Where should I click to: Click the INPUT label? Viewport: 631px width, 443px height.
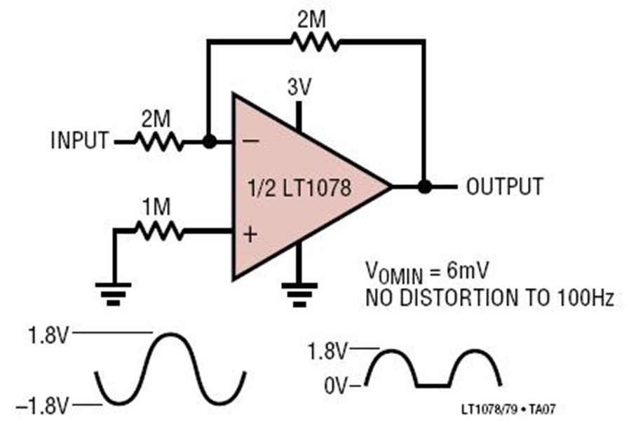(x=80, y=142)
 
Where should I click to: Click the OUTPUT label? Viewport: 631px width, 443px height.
(x=505, y=187)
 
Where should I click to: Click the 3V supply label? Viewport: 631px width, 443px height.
(x=300, y=88)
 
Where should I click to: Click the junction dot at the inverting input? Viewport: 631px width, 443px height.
(x=208, y=142)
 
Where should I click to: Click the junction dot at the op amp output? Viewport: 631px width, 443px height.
(x=423, y=187)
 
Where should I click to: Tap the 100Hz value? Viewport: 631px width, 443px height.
(x=588, y=297)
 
